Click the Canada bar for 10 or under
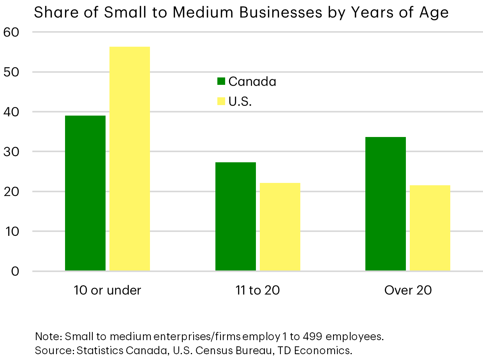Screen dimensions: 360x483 pyautogui.click(x=85, y=193)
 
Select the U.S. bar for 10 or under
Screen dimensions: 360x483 pyautogui.click(x=130, y=159)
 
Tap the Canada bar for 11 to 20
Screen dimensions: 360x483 pyautogui.click(x=236, y=216)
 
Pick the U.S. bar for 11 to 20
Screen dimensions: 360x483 pyautogui.click(x=280, y=227)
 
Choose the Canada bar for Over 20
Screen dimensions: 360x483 pyautogui.click(x=386, y=204)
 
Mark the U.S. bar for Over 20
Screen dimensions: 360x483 pyautogui.click(x=430, y=228)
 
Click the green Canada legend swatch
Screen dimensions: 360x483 pyautogui.click(x=221, y=81)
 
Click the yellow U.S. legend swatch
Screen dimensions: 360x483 pyautogui.click(x=221, y=102)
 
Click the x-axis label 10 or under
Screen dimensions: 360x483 pyautogui.click(x=108, y=290)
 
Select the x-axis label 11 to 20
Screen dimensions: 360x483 pyautogui.click(x=257, y=290)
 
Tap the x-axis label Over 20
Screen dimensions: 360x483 pyautogui.click(x=408, y=290)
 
